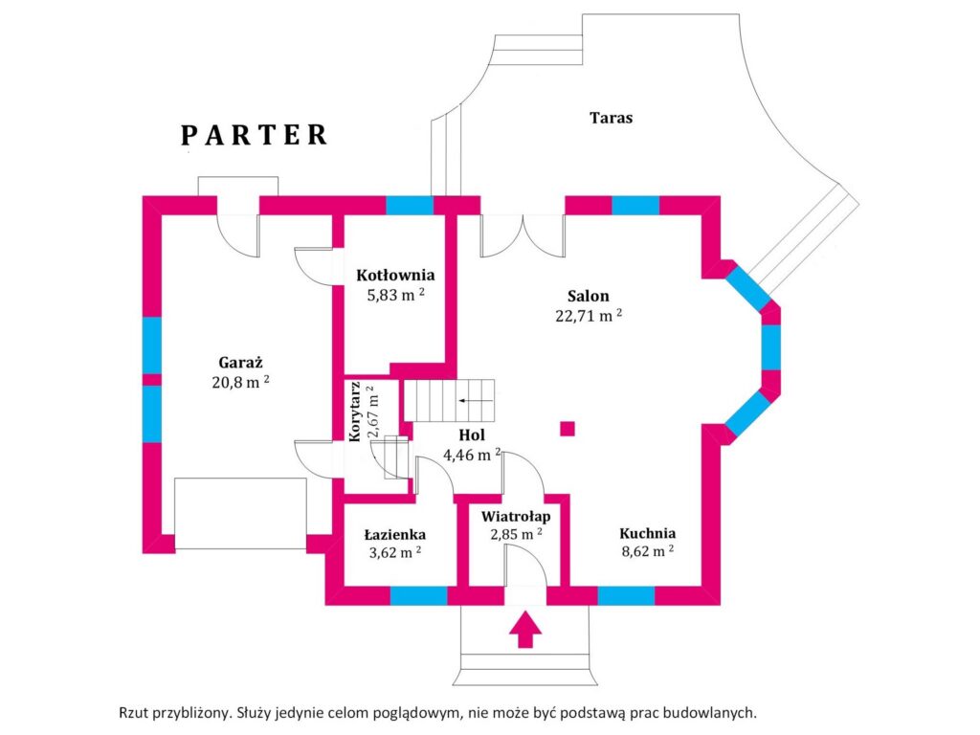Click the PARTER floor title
[x=254, y=135]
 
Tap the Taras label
[x=611, y=118]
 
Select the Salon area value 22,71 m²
[x=589, y=315]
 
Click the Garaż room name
[x=240, y=363]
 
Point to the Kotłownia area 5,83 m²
[x=395, y=295]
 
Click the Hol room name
[x=472, y=435]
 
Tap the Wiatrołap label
[x=516, y=517]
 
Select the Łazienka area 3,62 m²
[x=394, y=552]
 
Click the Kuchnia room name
[x=648, y=533]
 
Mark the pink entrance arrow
[x=525, y=630]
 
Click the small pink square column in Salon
[x=568, y=429]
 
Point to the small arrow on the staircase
[x=477, y=401]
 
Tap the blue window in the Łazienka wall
[x=419, y=595]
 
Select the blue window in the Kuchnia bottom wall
[x=626, y=595]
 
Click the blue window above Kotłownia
[x=410, y=206]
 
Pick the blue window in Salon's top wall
[x=635, y=206]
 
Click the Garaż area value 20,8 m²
[x=240, y=381]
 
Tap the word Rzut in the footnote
[x=133, y=712]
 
